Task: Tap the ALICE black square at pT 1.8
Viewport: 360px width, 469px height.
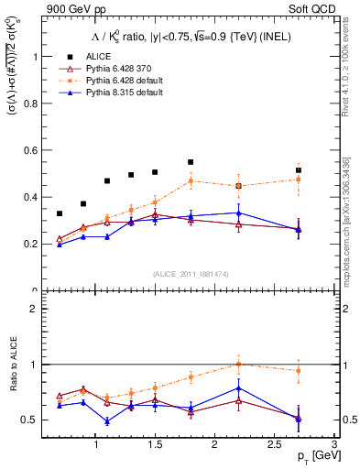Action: [x=191, y=162]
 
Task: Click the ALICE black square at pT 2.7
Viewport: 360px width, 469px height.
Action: [x=298, y=170]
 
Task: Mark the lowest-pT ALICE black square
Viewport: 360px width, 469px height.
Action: [x=60, y=213]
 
